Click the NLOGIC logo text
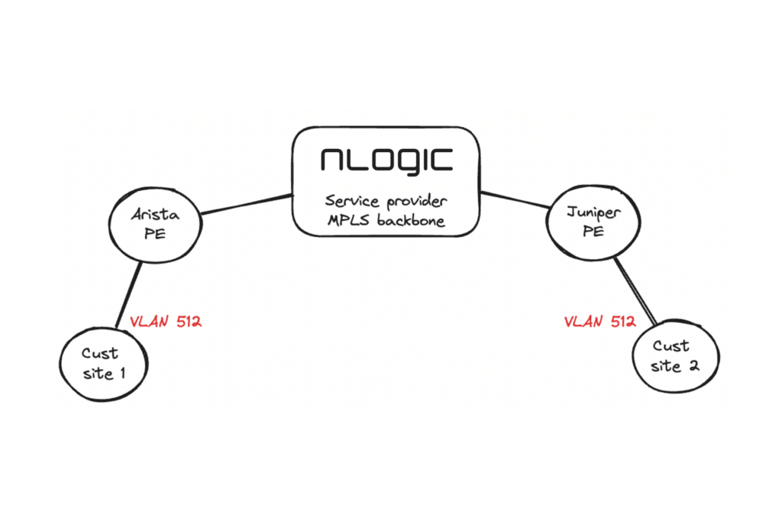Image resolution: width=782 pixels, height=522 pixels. (386, 160)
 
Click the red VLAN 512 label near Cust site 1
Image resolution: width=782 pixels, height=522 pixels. (166, 322)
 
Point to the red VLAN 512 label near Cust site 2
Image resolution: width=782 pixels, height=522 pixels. (599, 322)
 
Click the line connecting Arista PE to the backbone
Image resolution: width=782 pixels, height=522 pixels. (246, 204)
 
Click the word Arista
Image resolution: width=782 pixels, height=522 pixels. (156, 216)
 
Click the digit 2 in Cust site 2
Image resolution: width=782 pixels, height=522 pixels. (693, 366)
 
